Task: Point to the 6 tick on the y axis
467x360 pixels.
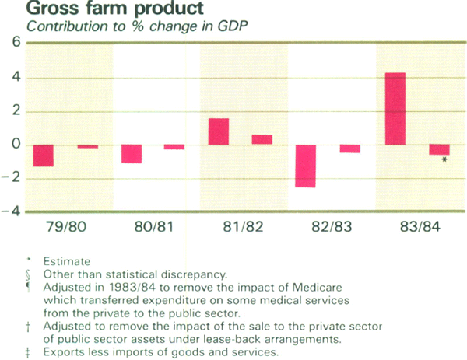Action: (x=16, y=44)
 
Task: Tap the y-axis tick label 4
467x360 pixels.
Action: (x=16, y=78)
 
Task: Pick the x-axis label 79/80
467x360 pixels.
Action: (x=66, y=229)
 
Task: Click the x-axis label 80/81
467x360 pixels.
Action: (x=153, y=229)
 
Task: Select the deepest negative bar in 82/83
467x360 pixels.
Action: (x=307, y=166)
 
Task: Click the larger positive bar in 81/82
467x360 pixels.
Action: (x=219, y=131)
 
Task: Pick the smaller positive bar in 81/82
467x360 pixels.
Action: (x=262, y=140)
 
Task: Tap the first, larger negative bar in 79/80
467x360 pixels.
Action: (x=43, y=156)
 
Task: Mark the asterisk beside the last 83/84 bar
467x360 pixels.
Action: (x=444, y=160)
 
